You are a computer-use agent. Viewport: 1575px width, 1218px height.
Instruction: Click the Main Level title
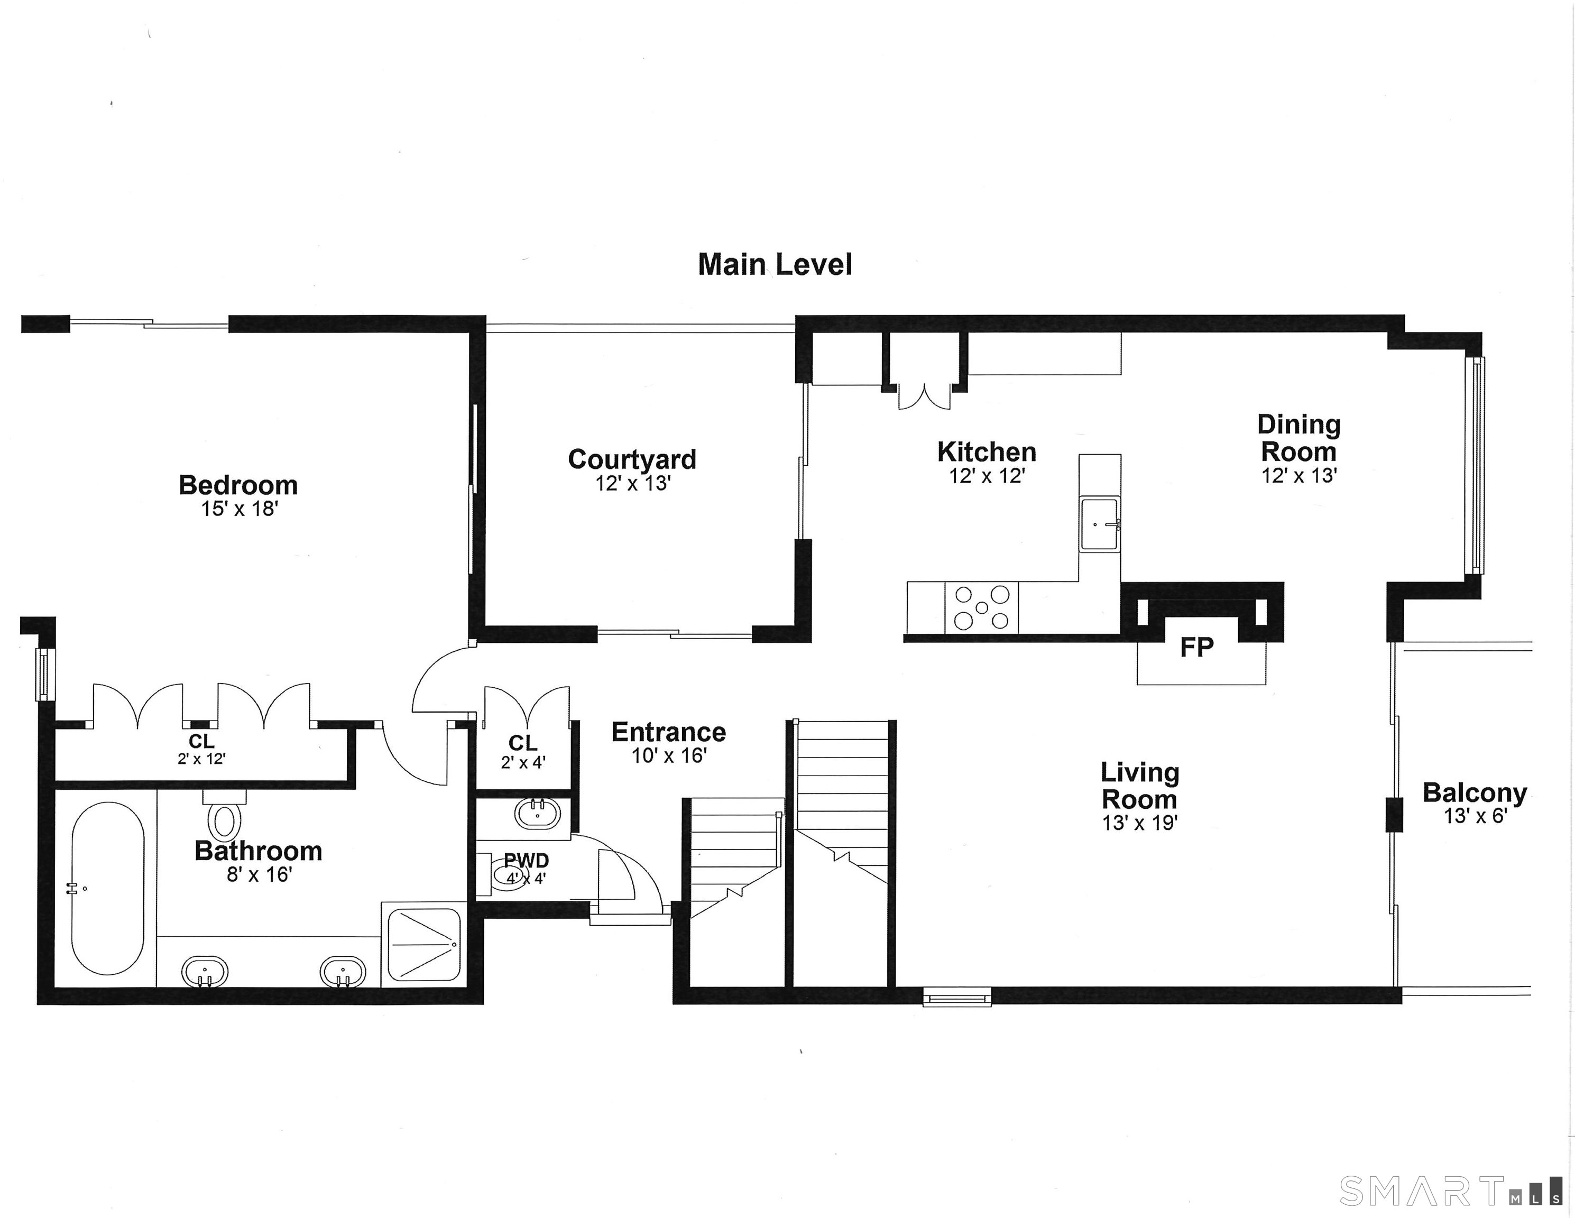tap(775, 265)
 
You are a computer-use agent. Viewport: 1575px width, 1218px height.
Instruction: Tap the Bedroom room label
tap(238, 485)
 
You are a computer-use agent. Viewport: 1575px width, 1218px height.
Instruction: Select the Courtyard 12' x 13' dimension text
tap(632, 483)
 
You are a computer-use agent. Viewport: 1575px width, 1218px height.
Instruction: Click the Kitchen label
tap(986, 452)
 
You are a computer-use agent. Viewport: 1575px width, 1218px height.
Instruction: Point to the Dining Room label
tap(1299, 438)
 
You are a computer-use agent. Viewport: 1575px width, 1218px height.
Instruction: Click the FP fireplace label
tap(1196, 647)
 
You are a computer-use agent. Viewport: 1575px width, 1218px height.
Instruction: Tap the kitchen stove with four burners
tap(981, 608)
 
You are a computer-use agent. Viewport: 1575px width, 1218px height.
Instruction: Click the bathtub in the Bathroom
tap(107, 889)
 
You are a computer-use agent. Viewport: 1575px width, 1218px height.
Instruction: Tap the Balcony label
tap(1474, 792)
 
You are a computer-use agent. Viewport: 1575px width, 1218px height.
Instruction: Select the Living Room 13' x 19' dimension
tap(1139, 823)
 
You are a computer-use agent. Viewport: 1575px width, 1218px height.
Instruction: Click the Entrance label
tap(668, 732)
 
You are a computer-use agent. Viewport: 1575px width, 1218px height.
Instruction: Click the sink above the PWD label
tap(537, 814)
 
